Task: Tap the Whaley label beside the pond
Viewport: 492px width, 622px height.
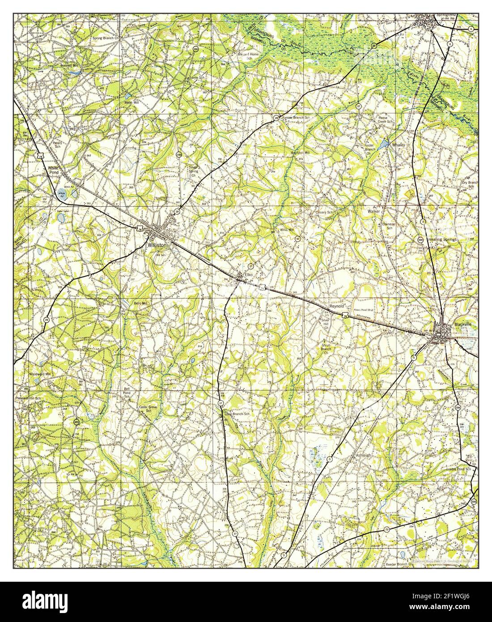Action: coord(399,145)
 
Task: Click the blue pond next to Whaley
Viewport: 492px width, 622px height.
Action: coord(384,145)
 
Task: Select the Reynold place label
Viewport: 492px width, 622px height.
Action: coord(337,306)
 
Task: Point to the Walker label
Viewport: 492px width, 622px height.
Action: coord(373,210)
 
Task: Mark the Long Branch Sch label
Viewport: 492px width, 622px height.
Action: coord(237,414)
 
